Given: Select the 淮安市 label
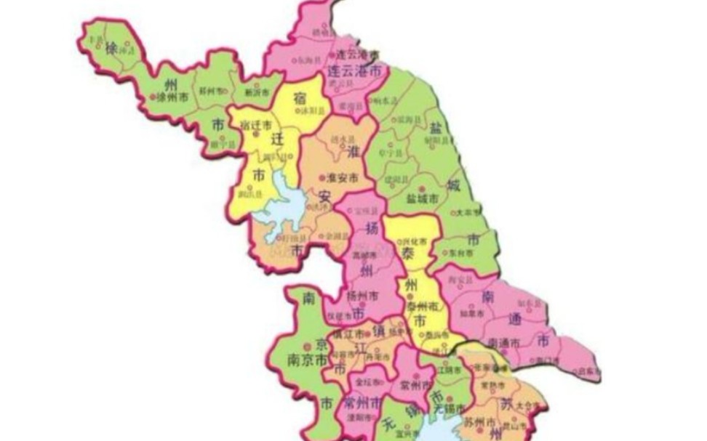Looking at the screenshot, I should coord(342,177).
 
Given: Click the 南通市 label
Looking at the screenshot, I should coord(504,342).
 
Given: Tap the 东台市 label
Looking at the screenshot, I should coord(460,254).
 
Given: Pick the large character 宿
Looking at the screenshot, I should coord(299,97).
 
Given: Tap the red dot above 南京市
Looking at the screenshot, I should coord(306,344).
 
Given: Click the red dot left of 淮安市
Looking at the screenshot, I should coord(321,177).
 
